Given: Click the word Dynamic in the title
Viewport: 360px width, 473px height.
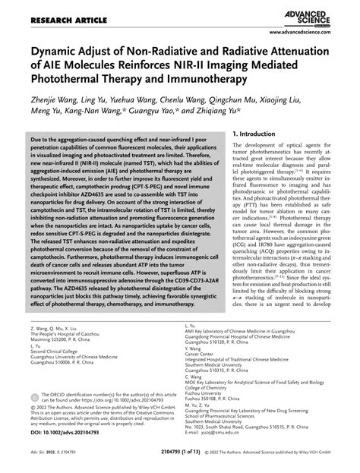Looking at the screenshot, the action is pyautogui.click(x=56, y=51).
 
